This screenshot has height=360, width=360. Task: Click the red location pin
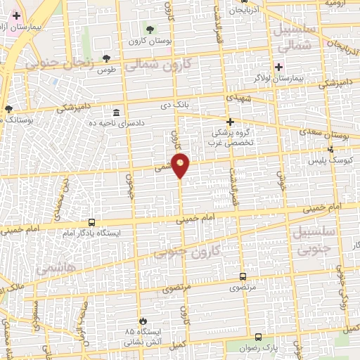[x=181, y=165]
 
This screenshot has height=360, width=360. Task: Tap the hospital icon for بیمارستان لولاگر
[x=279, y=67]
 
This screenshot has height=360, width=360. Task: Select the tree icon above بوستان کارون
[x=150, y=29]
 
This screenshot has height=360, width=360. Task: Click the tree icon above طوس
[x=106, y=59]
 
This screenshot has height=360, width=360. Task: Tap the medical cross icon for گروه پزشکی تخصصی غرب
[x=229, y=121]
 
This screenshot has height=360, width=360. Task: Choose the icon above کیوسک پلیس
[x=331, y=149]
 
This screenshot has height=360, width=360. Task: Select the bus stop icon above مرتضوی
[x=243, y=276]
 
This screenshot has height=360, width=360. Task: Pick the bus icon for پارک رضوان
[x=259, y=337]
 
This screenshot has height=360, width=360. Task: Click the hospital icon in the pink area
[x=16, y=15]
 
